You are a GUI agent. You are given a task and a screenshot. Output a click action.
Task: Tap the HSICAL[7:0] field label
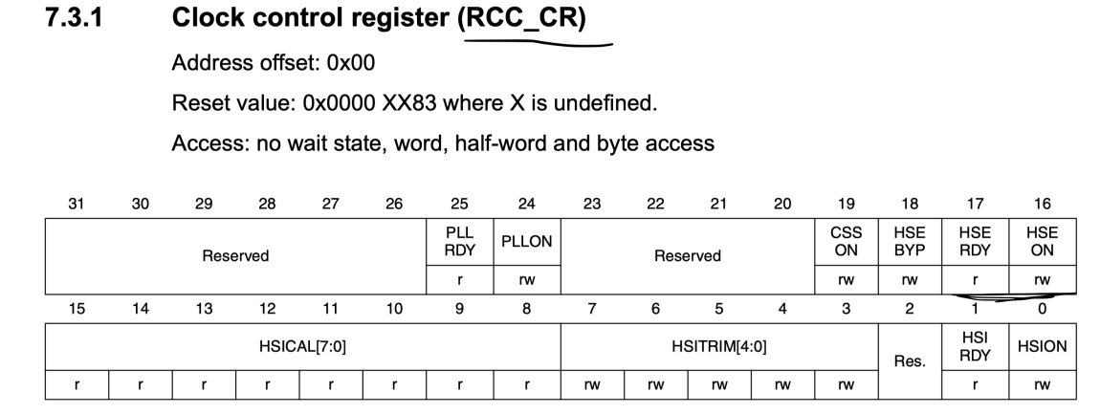coord(302,346)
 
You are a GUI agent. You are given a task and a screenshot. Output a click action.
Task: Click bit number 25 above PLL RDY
coord(459,203)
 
